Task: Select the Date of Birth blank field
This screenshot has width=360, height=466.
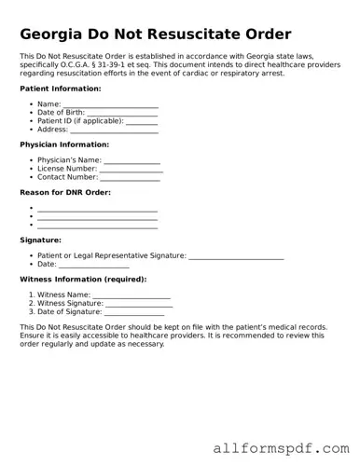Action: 127,113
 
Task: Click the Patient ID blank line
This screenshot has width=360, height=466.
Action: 141,121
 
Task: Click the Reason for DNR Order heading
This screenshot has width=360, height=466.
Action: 65,192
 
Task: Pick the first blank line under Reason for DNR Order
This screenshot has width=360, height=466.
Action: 97,209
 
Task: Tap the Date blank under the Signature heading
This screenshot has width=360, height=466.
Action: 94,264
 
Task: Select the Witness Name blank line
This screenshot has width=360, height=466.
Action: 131,295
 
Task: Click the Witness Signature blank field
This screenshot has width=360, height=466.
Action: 139,303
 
